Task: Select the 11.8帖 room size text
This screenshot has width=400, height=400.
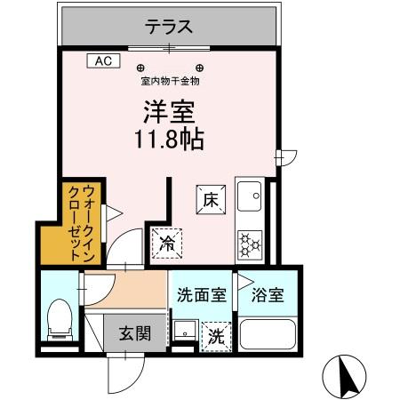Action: click(x=170, y=140)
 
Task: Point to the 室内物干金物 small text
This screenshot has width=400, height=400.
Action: click(x=170, y=81)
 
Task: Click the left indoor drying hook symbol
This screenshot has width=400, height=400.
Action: click(x=140, y=68)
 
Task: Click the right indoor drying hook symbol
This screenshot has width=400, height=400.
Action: click(x=200, y=68)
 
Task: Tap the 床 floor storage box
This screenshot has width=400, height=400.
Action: click(x=210, y=200)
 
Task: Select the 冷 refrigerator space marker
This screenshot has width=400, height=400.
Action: click(x=165, y=241)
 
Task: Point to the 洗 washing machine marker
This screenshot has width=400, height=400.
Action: click(x=215, y=337)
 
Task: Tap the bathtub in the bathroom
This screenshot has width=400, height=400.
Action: click(x=268, y=336)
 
